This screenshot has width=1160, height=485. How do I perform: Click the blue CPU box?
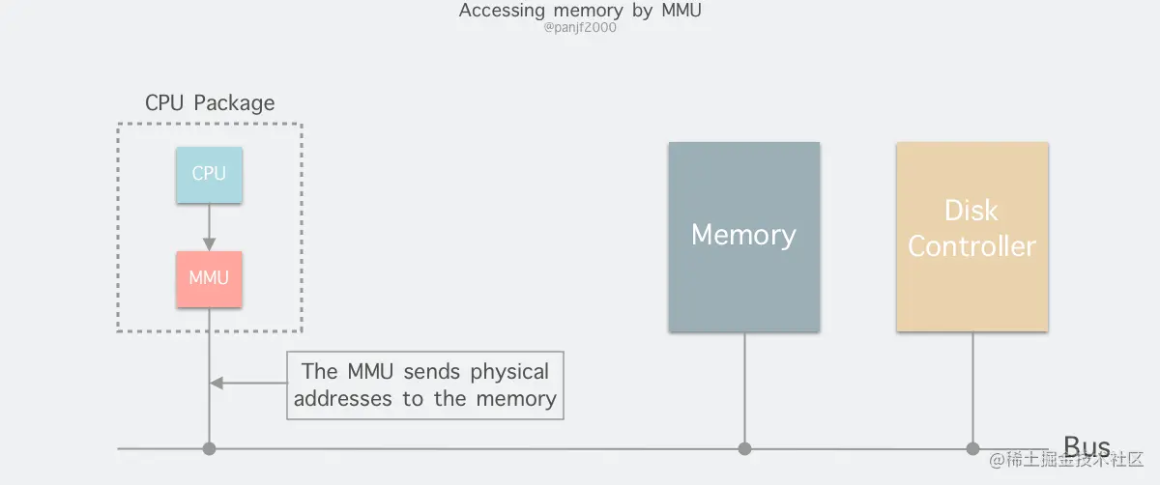click(209, 175)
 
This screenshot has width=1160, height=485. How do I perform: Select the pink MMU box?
click(209, 279)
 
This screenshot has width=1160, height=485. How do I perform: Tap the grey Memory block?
click(743, 237)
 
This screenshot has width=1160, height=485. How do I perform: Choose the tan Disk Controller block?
click(971, 237)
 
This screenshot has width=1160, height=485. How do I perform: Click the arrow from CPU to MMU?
click(209, 227)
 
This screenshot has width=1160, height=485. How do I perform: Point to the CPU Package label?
click(210, 103)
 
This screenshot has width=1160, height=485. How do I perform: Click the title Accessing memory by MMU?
click(580, 11)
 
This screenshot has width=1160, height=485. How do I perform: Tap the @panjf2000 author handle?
click(580, 28)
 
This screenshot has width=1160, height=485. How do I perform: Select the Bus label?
click(1087, 445)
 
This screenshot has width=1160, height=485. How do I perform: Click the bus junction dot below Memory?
click(744, 448)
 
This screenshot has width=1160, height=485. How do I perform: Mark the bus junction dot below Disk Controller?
click(972, 448)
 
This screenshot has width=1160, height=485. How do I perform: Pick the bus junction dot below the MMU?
click(209, 448)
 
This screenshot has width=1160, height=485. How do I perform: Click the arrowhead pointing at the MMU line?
click(217, 384)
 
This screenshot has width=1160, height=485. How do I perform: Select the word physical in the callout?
click(509, 372)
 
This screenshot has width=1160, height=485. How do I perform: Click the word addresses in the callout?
click(344, 399)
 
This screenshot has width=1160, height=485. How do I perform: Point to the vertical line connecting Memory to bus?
click(744, 386)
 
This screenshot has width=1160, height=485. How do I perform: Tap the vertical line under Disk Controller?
click(972, 386)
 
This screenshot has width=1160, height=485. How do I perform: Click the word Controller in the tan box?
click(971, 247)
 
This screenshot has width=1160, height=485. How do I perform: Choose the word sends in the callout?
click(434, 372)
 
